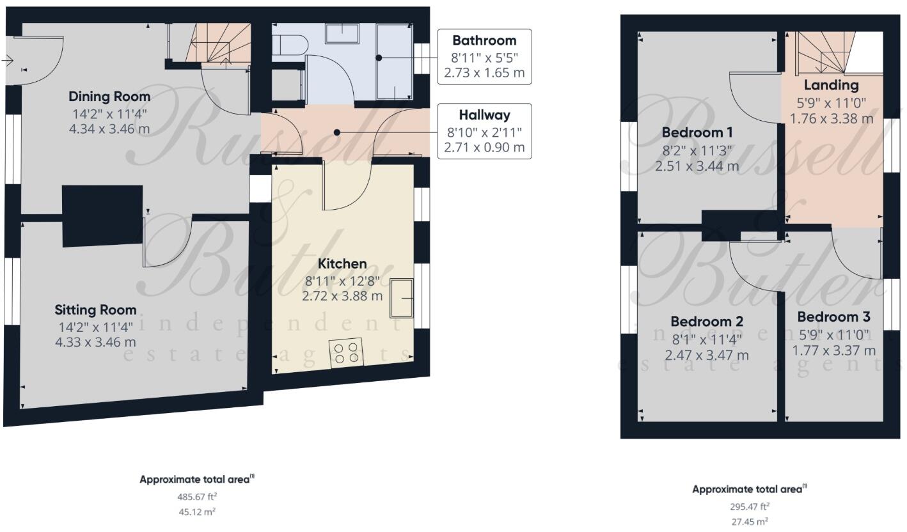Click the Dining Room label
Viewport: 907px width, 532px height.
(109, 97)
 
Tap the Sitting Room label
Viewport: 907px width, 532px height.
(95, 310)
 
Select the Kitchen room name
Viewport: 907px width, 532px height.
(342, 263)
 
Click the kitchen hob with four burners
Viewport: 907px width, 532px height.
(346, 352)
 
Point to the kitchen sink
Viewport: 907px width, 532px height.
(402, 298)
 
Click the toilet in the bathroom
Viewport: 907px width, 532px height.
(290, 43)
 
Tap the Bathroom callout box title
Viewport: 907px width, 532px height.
(484, 40)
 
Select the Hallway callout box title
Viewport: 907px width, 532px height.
(484, 115)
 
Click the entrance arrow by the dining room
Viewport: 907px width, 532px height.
(7, 61)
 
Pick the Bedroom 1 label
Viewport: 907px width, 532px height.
(697, 133)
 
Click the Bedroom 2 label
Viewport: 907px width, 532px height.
(706, 321)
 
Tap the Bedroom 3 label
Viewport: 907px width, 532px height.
(833, 317)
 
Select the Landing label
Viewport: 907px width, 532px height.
(831, 85)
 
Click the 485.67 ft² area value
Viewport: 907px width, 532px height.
(196, 496)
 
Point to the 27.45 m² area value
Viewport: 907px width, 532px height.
(750, 522)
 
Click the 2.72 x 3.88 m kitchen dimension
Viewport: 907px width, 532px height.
(342, 296)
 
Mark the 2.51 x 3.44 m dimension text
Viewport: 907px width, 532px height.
(697, 166)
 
